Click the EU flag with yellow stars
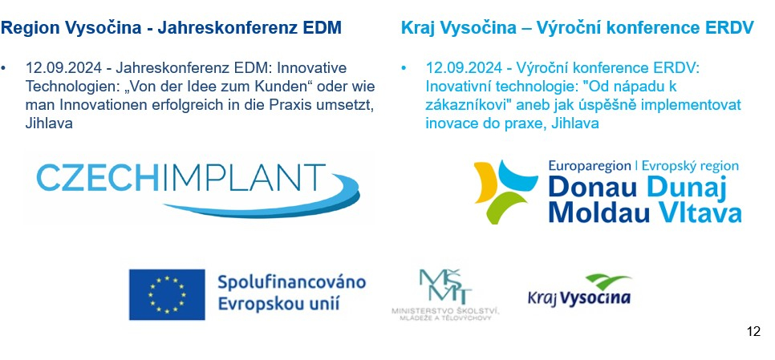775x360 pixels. tap(167, 294)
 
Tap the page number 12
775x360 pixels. tap(754, 331)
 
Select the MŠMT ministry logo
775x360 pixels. tap(446, 295)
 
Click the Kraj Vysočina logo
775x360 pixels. tap(579, 290)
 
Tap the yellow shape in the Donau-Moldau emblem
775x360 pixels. tap(485, 182)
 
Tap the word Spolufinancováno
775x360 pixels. tap(291, 282)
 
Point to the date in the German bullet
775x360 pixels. tap(63, 67)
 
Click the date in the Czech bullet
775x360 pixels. tap(463, 67)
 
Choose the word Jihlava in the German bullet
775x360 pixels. tap(49, 123)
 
